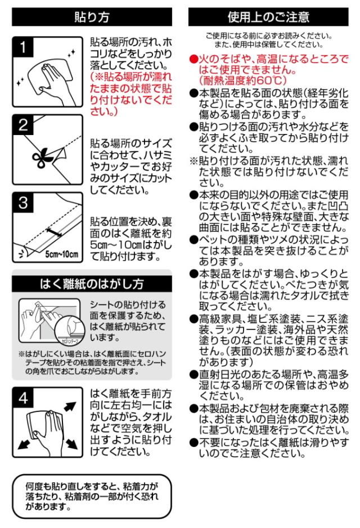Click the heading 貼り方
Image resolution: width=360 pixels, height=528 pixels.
[x=92, y=17]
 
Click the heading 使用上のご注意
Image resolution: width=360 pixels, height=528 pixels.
[x=268, y=17]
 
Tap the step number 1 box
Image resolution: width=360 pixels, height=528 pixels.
[x=23, y=47]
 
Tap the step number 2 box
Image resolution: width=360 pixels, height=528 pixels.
[x=23, y=124]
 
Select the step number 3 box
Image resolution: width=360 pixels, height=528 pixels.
[x=23, y=203]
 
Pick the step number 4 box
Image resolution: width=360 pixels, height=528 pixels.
[x=23, y=397]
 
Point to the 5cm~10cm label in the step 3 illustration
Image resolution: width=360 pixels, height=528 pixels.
[x=61, y=254]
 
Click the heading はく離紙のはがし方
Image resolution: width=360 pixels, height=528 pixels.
[x=92, y=284]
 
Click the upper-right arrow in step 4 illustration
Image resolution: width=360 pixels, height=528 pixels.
[x=70, y=406]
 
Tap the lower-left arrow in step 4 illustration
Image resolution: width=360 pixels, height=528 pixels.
[x=24, y=444]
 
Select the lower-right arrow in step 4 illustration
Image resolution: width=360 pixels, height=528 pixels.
[x=71, y=444]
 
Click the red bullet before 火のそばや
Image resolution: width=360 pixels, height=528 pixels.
[x=193, y=59]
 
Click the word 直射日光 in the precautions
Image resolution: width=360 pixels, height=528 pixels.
[x=221, y=374]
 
